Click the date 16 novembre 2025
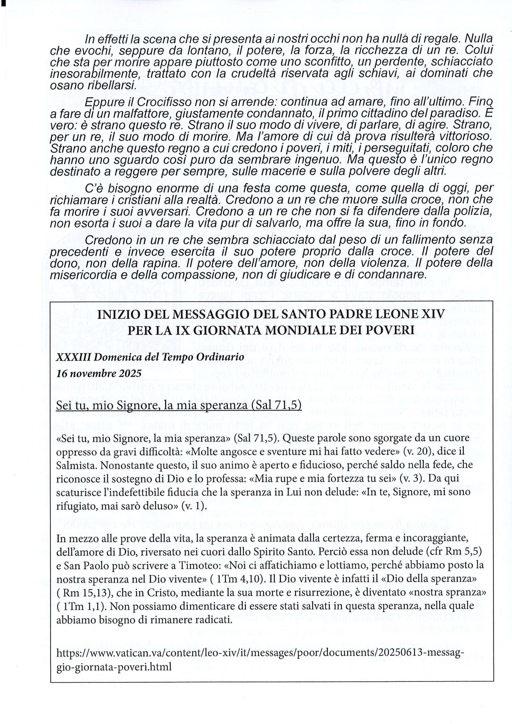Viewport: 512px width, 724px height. (x=99, y=374)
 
